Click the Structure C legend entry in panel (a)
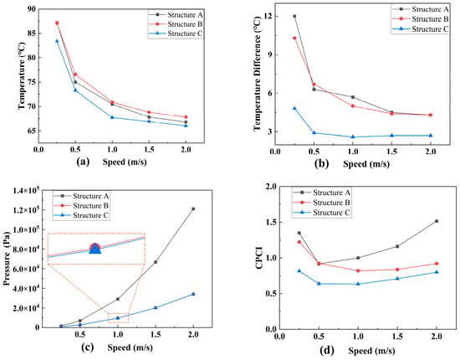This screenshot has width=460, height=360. pyautogui.click(x=176, y=33)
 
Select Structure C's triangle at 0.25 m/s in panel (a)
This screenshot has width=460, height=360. pyautogui.click(x=57, y=41)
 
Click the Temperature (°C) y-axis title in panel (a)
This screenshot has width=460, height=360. pyautogui.click(x=22, y=75)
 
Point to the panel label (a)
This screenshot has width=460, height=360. pyautogui.click(x=83, y=162)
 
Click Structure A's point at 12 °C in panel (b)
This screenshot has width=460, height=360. pyautogui.click(x=294, y=16)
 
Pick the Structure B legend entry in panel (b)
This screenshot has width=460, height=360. pyautogui.click(x=421, y=19)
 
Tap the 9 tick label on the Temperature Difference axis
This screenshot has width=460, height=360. pyautogui.click(x=268, y=55)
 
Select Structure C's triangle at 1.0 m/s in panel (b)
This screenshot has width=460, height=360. pyautogui.click(x=353, y=136)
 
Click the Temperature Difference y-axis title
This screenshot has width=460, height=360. pyautogui.click(x=257, y=74)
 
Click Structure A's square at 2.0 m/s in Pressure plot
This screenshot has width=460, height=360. pyautogui.click(x=193, y=208)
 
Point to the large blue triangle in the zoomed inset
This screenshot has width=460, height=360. pyautogui.click(x=95, y=249)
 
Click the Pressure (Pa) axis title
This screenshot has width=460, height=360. pyautogui.click(x=7, y=259)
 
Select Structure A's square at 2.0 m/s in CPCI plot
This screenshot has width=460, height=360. pyautogui.click(x=437, y=221)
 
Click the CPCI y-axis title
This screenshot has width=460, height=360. pyautogui.click(x=259, y=258)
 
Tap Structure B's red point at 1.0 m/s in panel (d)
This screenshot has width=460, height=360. pyautogui.click(x=358, y=270)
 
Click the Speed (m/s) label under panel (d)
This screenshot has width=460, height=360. pyautogui.click(x=371, y=351)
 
